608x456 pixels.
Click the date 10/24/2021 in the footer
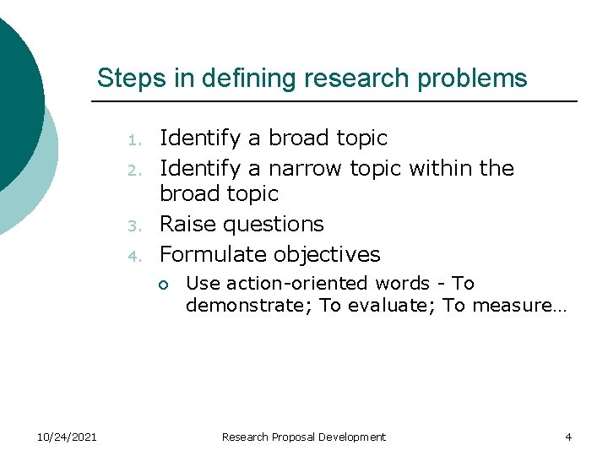point(68,437)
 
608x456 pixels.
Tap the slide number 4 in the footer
point(568,437)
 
